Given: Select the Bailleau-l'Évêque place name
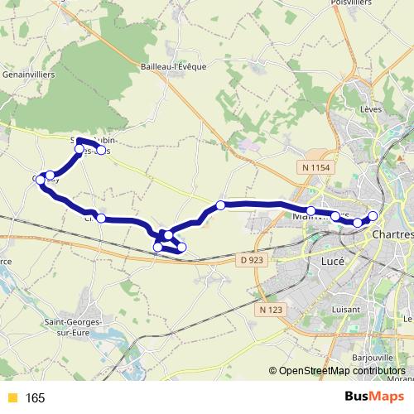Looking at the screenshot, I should (x=173, y=66).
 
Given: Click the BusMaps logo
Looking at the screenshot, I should (x=369, y=397).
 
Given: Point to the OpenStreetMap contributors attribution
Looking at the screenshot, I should (x=341, y=372).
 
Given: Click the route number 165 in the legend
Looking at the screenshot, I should (x=35, y=398).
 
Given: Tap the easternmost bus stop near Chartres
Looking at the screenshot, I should (x=373, y=216).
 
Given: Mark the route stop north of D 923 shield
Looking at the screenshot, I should (x=220, y=205).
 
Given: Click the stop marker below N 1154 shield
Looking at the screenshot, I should (x=311, y=211).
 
